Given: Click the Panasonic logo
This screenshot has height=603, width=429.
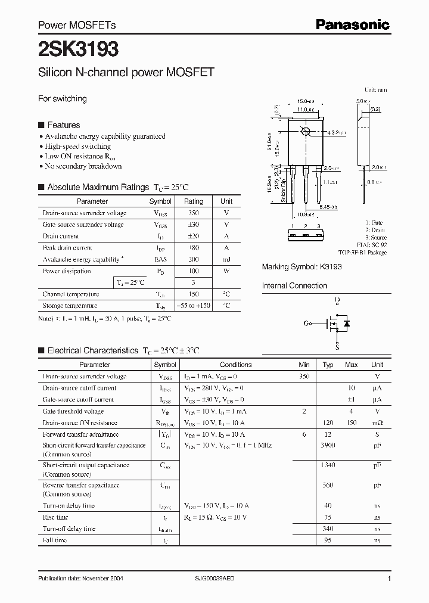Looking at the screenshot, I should point(352,24).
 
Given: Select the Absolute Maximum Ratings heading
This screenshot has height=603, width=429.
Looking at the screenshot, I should point(98,187).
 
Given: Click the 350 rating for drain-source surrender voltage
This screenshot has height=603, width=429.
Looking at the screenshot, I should point(194,213).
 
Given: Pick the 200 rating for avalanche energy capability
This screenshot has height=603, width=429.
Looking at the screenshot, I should point(194,259).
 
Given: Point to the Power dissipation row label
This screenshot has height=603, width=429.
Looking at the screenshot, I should point(67,271).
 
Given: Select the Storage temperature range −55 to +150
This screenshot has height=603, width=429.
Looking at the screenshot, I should point(194,306).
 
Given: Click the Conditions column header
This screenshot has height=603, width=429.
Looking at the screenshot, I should point(236,365).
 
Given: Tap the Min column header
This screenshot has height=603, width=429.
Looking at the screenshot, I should point(304,365).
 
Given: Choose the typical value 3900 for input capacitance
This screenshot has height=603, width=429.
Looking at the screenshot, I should point(328,446).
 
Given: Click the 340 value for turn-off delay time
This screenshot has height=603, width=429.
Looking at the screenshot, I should point(328,529).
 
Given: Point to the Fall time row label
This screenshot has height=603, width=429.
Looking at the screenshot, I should point(55,540).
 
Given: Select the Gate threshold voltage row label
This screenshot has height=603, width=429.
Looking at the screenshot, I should point(73,411).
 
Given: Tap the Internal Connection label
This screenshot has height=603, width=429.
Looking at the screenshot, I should point(294,286).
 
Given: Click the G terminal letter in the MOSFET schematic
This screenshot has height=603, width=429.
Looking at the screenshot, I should point(307,324).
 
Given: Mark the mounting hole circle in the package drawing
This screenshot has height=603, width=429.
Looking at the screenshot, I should point(306,132).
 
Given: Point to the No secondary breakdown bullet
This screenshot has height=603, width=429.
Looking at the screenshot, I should point(83,166).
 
